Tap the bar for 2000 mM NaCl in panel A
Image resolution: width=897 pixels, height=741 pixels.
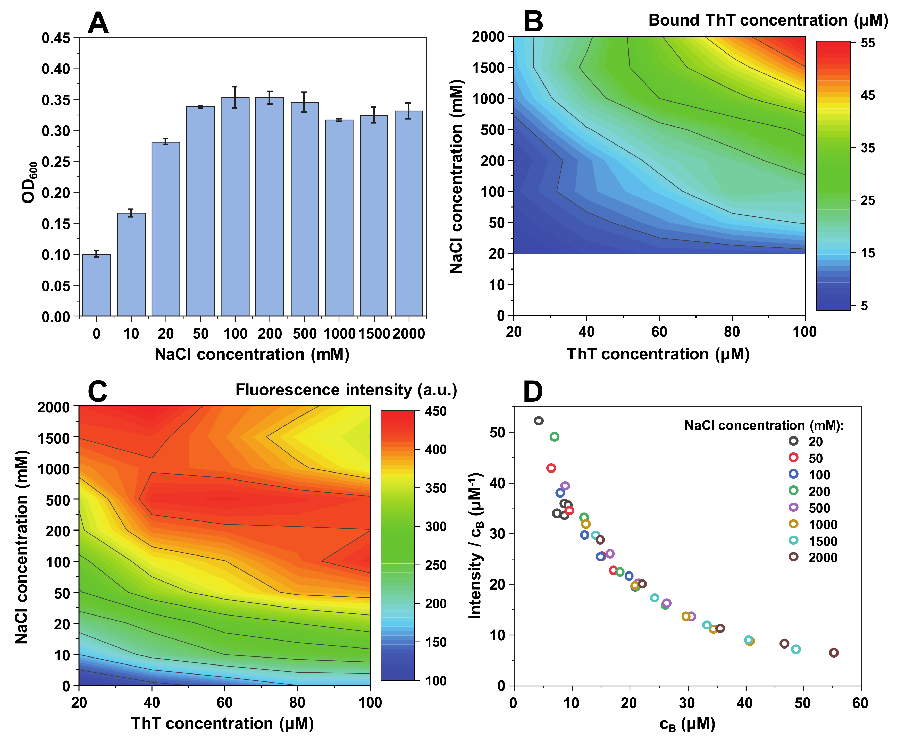click(408, 213)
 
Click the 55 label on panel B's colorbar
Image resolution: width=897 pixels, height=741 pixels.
click(868, 43)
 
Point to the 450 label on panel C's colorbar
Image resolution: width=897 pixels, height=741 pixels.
click(435, 411)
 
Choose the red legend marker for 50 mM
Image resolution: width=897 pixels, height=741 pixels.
click(793, 457)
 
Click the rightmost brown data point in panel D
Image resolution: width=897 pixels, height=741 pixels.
click(833, 652)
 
